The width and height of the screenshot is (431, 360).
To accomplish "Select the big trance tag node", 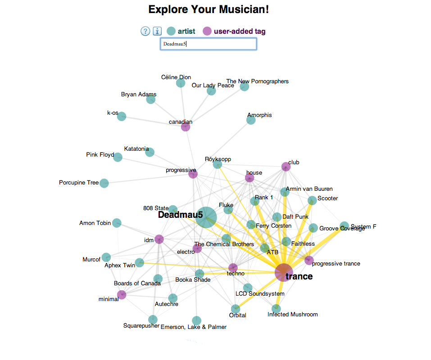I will click(284, 272).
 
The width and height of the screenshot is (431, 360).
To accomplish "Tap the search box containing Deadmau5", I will click(209, 44).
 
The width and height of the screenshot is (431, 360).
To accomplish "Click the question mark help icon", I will click(145, 31).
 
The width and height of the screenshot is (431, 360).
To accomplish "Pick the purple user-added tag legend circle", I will click(207, 31).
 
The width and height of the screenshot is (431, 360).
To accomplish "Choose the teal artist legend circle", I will click(171, 31).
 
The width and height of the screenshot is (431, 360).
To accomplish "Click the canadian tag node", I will click(186, 127).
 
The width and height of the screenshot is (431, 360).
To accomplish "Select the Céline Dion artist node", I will click(181, 83).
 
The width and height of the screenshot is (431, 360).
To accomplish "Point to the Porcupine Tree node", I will click(104, 183).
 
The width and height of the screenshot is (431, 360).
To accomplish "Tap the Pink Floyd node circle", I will click(118, 157).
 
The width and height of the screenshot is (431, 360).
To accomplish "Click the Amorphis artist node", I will click(251, 120).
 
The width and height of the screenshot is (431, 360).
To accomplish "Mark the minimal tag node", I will click(122, 295).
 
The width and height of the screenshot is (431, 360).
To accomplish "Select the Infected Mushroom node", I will click(276, 309).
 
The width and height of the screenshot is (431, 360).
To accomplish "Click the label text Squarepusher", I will click(141, 325).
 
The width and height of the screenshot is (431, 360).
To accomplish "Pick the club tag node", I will click(286, 167).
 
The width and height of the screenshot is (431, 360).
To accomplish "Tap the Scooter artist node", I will click(312, 201).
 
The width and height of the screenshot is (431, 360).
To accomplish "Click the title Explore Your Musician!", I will click(209, 9).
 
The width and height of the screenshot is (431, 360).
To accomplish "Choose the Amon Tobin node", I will click(117, 223).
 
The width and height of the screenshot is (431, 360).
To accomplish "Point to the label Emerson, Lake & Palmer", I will click(194, 327).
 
